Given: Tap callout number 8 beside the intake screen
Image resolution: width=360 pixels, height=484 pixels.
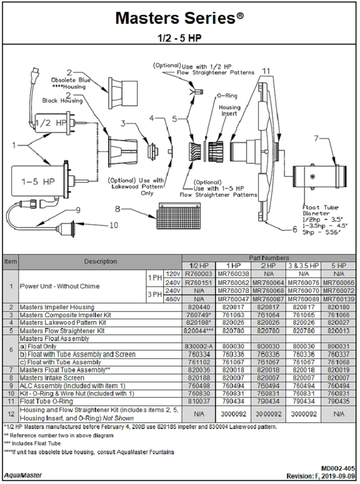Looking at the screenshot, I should pyautogui.click(x=117, y=208).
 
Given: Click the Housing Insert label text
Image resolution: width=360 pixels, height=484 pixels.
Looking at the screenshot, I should pyautogui.click(x=229, y=110).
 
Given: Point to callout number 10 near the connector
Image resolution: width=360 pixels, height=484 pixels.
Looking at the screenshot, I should pyautogui.click(x=114, y=224).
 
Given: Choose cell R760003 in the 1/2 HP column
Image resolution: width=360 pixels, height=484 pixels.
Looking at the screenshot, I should pyautogui.click(x=198, y=274).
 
